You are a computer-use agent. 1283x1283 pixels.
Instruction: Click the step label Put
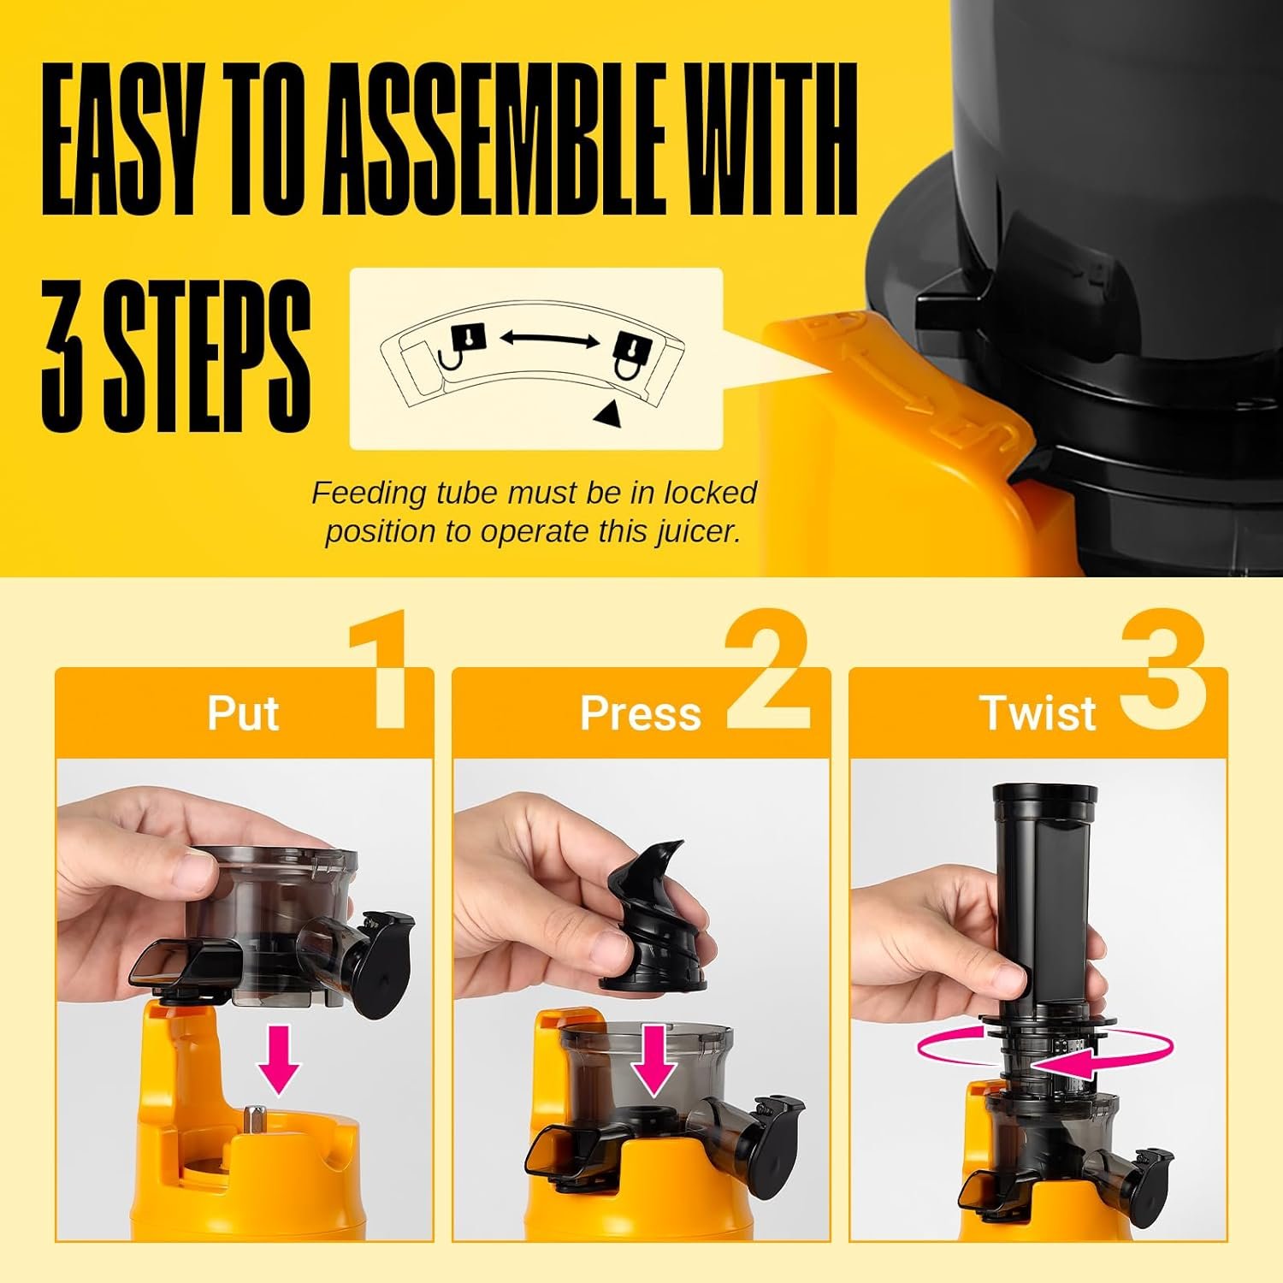click(x=243, y=712)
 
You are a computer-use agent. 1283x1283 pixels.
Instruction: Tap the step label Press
click(x=640, y=712)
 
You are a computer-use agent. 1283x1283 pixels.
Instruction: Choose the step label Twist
click(x=1038, y=712)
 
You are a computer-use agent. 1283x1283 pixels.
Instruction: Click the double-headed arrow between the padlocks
click(x=549, y=340)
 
